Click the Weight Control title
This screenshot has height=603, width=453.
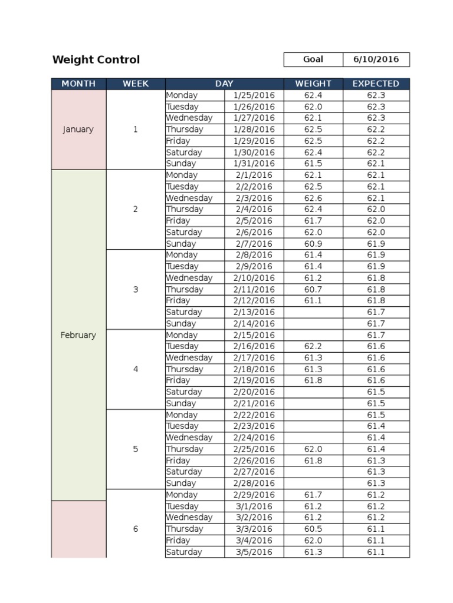tap(96, 59)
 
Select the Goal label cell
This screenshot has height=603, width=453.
tap(313, 59)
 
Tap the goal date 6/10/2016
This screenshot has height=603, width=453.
tap(376, 59)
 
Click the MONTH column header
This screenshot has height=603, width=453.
tap(78, 84)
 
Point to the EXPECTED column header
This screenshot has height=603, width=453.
tap(376, 84)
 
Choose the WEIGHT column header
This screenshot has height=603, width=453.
tap(313, 84)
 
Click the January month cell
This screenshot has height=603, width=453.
tap(78, 130)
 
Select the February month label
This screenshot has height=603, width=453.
tap(78, 335)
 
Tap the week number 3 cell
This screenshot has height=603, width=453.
tap(136, 289)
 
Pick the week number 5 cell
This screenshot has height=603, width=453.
tap(136, 449)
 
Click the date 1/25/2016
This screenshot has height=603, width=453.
tap(254, 95)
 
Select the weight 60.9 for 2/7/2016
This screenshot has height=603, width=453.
tap(313, 244)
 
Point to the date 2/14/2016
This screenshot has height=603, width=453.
tap(254, 323)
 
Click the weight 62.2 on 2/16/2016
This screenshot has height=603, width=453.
tap(313, 346)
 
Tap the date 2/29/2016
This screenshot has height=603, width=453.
tap(254, 495)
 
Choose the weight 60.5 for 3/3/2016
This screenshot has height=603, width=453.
tap(313, 529)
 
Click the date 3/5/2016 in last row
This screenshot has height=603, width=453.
tap(254, 552)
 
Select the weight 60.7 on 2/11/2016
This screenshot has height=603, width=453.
tap(313, 289)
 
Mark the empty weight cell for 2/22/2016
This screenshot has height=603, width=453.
tap(313, 415)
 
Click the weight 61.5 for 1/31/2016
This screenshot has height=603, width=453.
tap(313, 164)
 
